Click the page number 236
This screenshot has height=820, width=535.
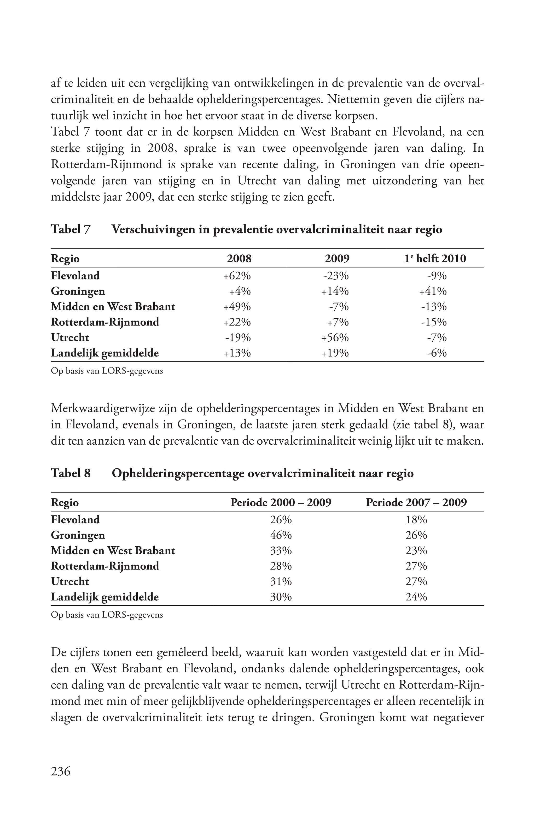point(61,771)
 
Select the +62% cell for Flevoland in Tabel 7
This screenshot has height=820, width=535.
point(237,276)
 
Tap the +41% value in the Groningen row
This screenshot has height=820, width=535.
point(433,291)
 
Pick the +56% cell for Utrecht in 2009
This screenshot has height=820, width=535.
point(335,338)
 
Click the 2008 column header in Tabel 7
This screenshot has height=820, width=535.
point(239,259)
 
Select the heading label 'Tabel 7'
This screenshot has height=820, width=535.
point(71,229)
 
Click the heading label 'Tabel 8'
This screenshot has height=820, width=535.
point(71,473)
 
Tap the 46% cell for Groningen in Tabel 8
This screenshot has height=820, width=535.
point(281,535)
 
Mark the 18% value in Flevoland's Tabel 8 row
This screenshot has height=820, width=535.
point(416,520)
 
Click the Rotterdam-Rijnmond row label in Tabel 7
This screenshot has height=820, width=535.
point(105,322)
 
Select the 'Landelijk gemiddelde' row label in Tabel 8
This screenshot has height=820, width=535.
point(105,597)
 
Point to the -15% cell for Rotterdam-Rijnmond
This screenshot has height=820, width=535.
point(434,322)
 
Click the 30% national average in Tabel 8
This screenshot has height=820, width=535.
point(281,597)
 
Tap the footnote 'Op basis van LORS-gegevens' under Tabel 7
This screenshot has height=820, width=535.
point(107,371)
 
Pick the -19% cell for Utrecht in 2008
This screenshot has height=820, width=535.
point(237,338)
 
